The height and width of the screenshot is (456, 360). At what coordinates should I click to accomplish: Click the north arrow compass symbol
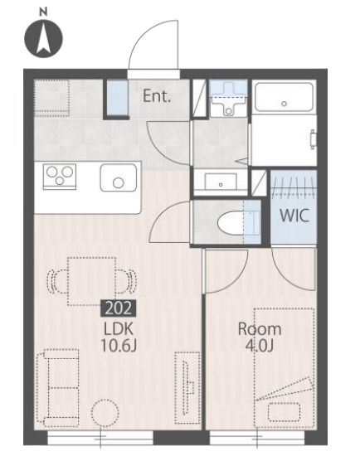point(43,38)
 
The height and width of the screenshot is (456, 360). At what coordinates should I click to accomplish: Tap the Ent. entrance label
point(157,96)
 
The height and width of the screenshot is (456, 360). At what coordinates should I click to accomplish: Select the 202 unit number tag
point(119,308)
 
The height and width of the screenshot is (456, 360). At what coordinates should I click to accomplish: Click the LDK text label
point(119,329)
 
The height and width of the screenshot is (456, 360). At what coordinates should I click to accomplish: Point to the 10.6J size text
point(119,346)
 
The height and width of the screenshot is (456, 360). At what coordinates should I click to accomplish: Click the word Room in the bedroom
point(260,329)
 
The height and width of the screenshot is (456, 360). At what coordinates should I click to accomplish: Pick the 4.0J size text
point(260,346)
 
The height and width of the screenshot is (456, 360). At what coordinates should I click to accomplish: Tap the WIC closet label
point(294,216)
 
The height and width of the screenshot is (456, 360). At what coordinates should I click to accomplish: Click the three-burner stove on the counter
point(60,177)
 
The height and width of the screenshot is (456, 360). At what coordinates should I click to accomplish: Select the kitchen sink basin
point(119,177)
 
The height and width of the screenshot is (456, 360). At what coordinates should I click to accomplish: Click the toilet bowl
point(231,223)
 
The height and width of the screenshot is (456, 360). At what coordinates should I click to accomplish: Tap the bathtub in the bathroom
point(284,97)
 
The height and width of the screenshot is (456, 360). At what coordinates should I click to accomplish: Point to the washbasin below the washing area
point(221,182)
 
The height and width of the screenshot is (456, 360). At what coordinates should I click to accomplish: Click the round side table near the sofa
point(105,413)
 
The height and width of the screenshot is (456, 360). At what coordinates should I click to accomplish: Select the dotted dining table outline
point(92,281)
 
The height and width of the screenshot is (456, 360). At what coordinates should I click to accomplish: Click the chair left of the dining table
point(57,282)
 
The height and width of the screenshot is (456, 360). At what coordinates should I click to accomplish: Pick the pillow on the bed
point(284,412)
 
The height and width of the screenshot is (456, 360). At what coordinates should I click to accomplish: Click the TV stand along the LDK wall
point(187,388)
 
